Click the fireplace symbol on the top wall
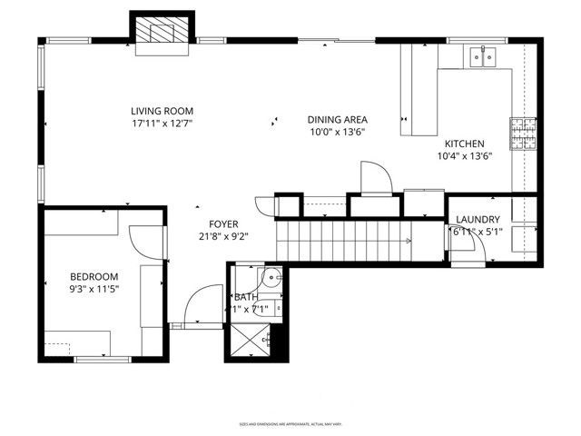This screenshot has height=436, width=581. click(x=163, y=34)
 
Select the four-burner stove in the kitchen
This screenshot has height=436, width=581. click(x=523, y=129)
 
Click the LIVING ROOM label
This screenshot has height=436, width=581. click(x=162, y=111)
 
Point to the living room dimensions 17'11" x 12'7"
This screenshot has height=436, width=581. click(x=162, y=123)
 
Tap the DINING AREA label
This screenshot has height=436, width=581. click(x=337, y=119)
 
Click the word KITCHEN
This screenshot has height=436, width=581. click(x=464, y=144)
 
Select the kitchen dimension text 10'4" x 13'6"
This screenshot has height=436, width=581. click(x=464, y=155)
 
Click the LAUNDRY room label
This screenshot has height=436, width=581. click(x=478, y=219)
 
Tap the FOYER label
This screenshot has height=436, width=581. click(x=223, y=223)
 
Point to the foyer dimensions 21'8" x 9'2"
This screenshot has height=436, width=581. click(x=223, y=236)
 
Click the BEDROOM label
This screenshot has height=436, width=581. click(x=94, y=276)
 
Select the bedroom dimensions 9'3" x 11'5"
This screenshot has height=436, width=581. click(x=94, y=289)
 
